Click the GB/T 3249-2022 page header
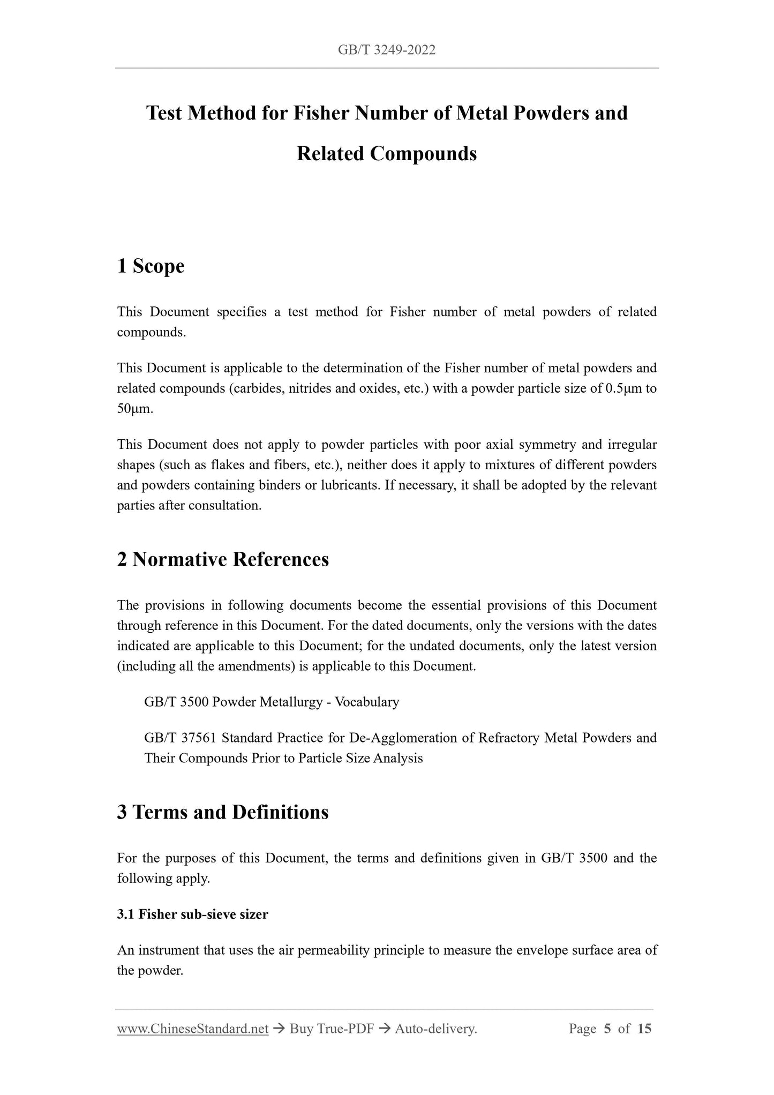pyautogui.click(x=386, y=50)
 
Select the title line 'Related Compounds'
pyautogui.click(x=386, y=154)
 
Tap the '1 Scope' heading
pyautogui.click(x=151, y=266)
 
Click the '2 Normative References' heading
pyautogui.click(x=223, y=559)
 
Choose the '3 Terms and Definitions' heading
pyautogui.click(x=223, y=812)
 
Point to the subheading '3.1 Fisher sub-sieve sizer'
pyautogui.click(x=192, y=914)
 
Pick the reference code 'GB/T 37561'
pyautogui.click(x=180, y=738)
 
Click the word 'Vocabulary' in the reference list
pyautogui.click(x=367, y=702)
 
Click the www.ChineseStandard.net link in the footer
pyautogui.click(x=193, y=1029)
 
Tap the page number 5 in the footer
pyautogui.click(x=607, y=1029)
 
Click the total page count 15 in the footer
pyautogui.click(x=644, y=1029)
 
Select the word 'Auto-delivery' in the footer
pyautogui.click(x=435, y=1029)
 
